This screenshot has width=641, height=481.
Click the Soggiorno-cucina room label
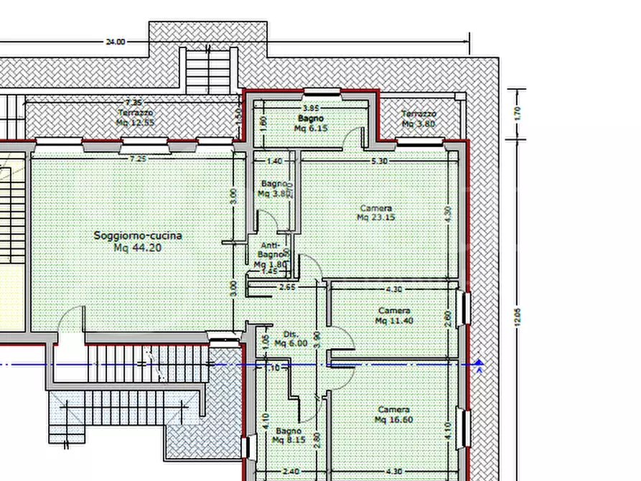138,235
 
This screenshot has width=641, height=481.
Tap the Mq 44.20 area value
138,248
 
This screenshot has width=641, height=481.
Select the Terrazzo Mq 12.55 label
136,118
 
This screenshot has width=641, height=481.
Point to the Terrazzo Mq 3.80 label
418,118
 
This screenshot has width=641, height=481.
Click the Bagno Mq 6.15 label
310,123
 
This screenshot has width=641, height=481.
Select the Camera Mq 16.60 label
394,415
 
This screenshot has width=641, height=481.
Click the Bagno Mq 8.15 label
289,436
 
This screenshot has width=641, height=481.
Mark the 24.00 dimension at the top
116,42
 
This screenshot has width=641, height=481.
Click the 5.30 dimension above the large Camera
379,162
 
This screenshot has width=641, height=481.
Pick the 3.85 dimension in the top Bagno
291,108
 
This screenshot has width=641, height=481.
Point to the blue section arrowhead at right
479,365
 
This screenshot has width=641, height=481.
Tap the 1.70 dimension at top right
517,113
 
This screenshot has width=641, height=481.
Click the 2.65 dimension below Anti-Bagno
287,289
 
